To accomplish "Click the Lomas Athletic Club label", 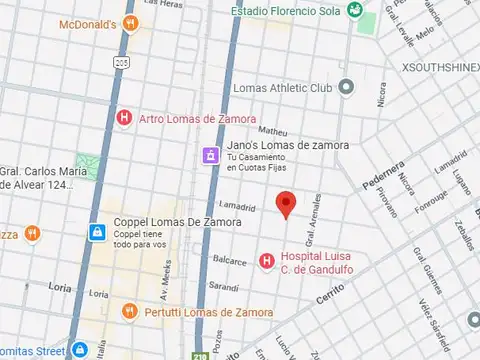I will [282, 88].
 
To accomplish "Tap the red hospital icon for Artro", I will [124, 119].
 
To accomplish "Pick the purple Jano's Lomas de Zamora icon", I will [210, 156].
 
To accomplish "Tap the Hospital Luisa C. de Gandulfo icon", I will [266, 261].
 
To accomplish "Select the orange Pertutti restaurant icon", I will [129, 312].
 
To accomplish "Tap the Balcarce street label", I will [229, 261].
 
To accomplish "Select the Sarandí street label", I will [224, 289].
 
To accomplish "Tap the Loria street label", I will [59, 285].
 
